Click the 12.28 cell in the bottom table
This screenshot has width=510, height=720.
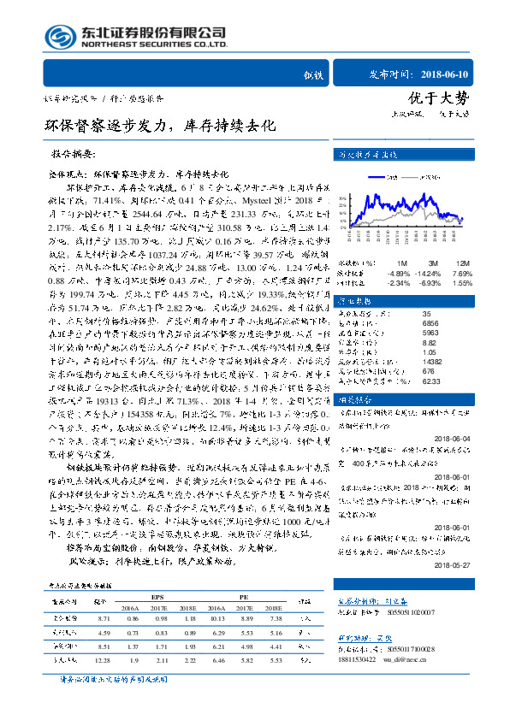coord(104,661)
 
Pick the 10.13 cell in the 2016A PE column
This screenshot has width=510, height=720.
coord(216,617)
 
